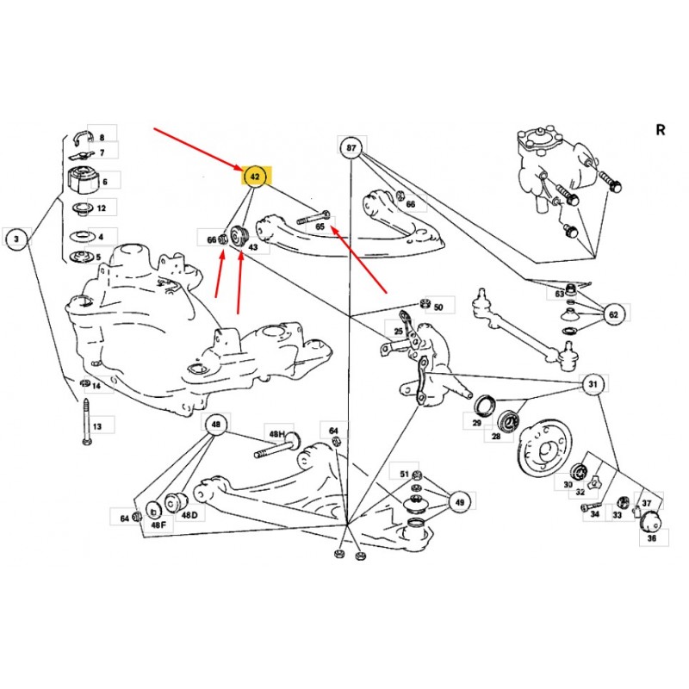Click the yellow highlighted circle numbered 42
coord(255,177)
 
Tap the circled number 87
coord(351,149)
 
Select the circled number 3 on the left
coord(16,239)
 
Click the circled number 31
coord(593,384)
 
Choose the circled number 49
coord(460,503)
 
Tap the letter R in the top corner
coord(661,130)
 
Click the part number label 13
coord(97,426)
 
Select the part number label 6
coord(104,182)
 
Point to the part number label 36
coord(651,538)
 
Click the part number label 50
coord(438,307)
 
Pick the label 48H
coord(276,436)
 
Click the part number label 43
coord(252,247)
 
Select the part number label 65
coord(320,227)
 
